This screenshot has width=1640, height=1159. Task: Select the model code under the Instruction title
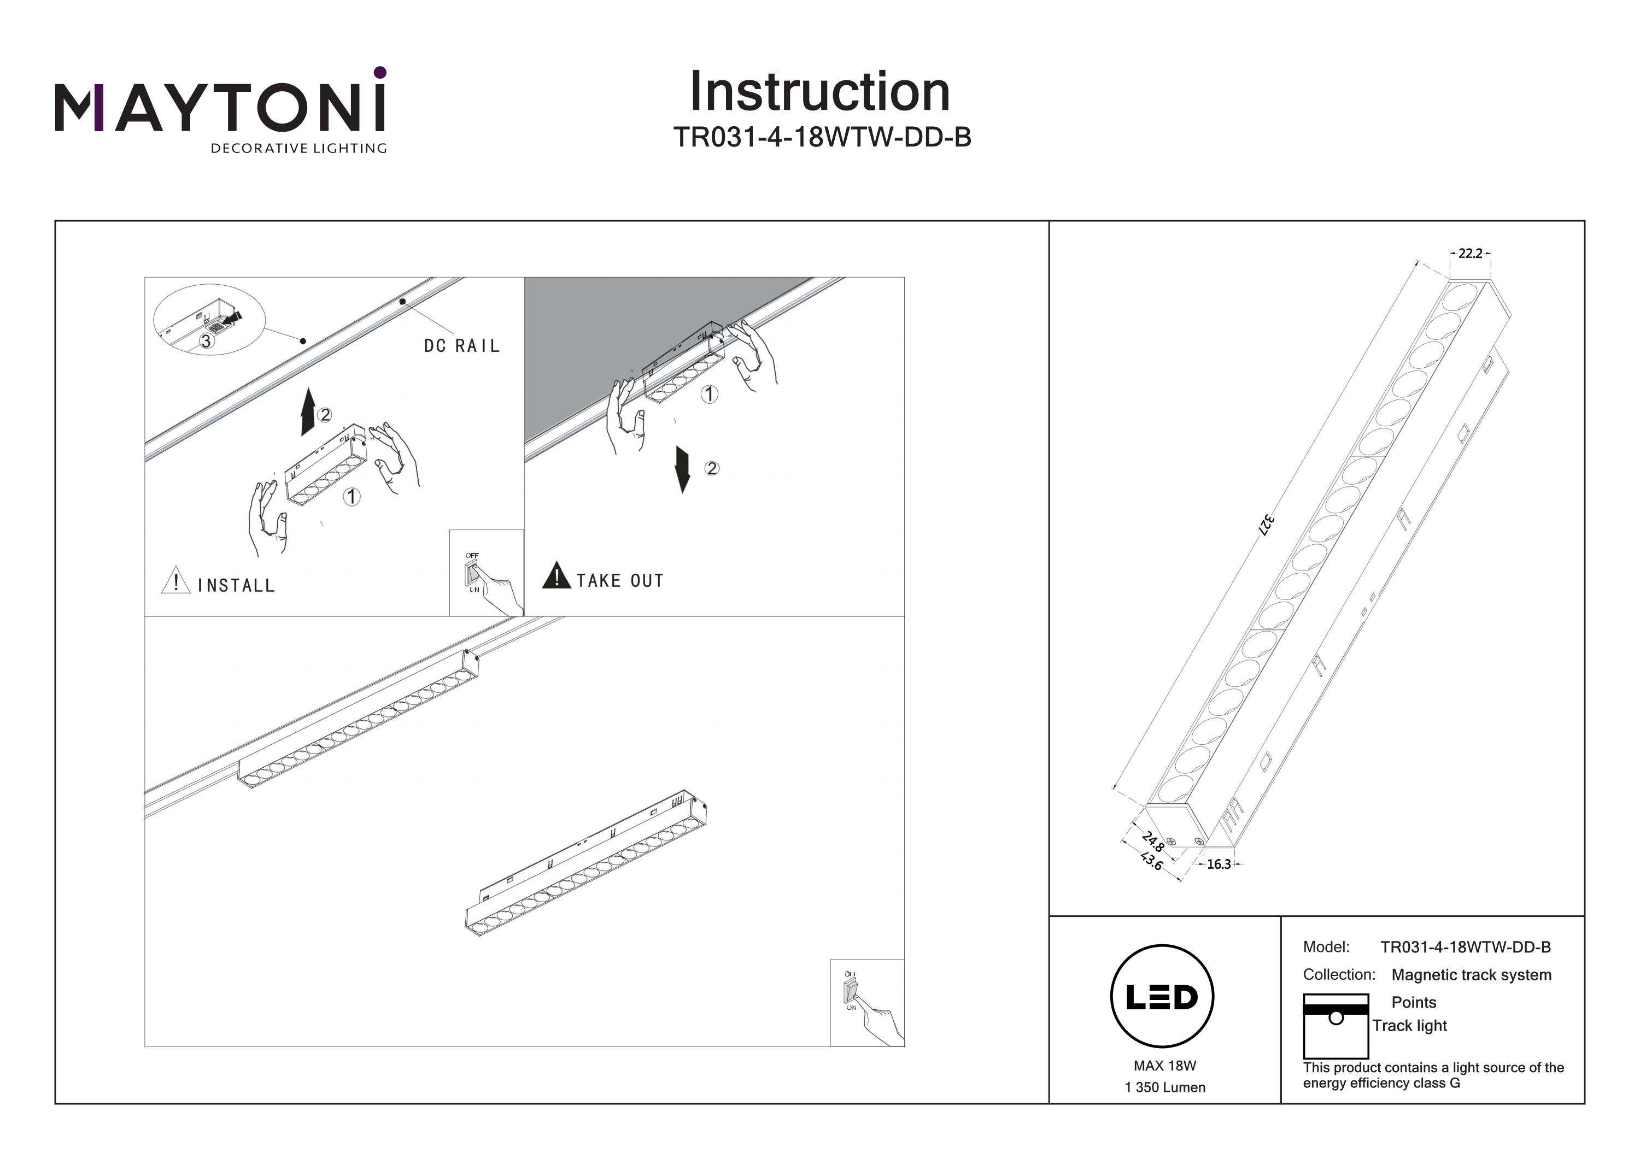[x=822, y=137]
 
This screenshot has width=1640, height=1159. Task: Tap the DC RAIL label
[x=461, y=346]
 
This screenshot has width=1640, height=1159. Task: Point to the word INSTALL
[x=236, y=586]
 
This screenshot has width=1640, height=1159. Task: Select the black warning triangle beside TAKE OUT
[x=556, y=577]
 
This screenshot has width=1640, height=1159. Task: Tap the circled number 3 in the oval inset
[x=206, y=342]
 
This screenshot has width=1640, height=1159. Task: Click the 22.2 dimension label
[x=1470, y=254]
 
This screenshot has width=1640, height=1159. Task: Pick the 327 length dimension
[x=1266, y=525]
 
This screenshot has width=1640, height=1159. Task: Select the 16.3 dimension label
[x=1219, y=865]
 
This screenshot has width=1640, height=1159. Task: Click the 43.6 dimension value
[x=1151, y=861]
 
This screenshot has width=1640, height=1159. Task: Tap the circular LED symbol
[x=1162, y=997]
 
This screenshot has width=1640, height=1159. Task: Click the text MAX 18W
[x=1164, y=1066]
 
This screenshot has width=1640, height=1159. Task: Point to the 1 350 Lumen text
[x=1164, y=1087]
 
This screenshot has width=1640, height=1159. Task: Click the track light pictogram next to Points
[x=1335, y=1026]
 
